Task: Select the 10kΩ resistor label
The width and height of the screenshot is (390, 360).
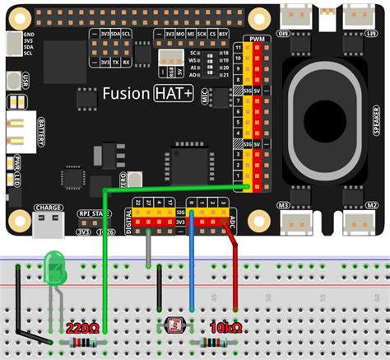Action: click(225, 328)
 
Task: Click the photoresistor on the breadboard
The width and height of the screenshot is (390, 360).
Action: click(174, 324)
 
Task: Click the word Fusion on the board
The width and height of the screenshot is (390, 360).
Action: click(125, 94)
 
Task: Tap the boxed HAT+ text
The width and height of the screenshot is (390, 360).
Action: click(174, 94)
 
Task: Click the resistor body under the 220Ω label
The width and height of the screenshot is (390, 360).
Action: click(83, 342)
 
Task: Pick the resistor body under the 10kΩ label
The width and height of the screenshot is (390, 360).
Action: click(211, 342)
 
